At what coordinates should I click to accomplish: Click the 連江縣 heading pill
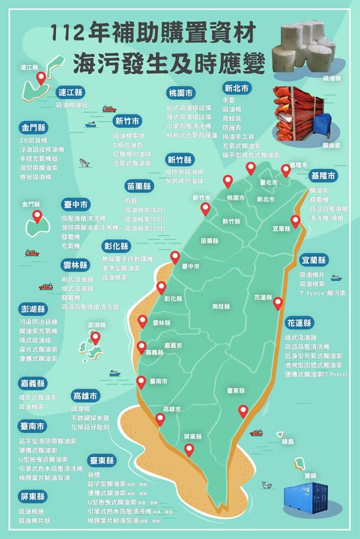click(x=71, y=92)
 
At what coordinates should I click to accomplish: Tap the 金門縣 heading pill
click(x=34, y=127)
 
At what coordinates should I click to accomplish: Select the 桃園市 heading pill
click(x=181, y=92)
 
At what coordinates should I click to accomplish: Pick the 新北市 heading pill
click(x=236, y=88)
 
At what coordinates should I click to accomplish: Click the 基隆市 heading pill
click(x=323, y=176)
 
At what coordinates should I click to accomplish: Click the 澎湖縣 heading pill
click(x=34, y=308)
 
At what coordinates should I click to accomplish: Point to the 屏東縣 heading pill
click(x=34, y=496)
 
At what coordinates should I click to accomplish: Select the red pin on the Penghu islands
click(x=95, y=337)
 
